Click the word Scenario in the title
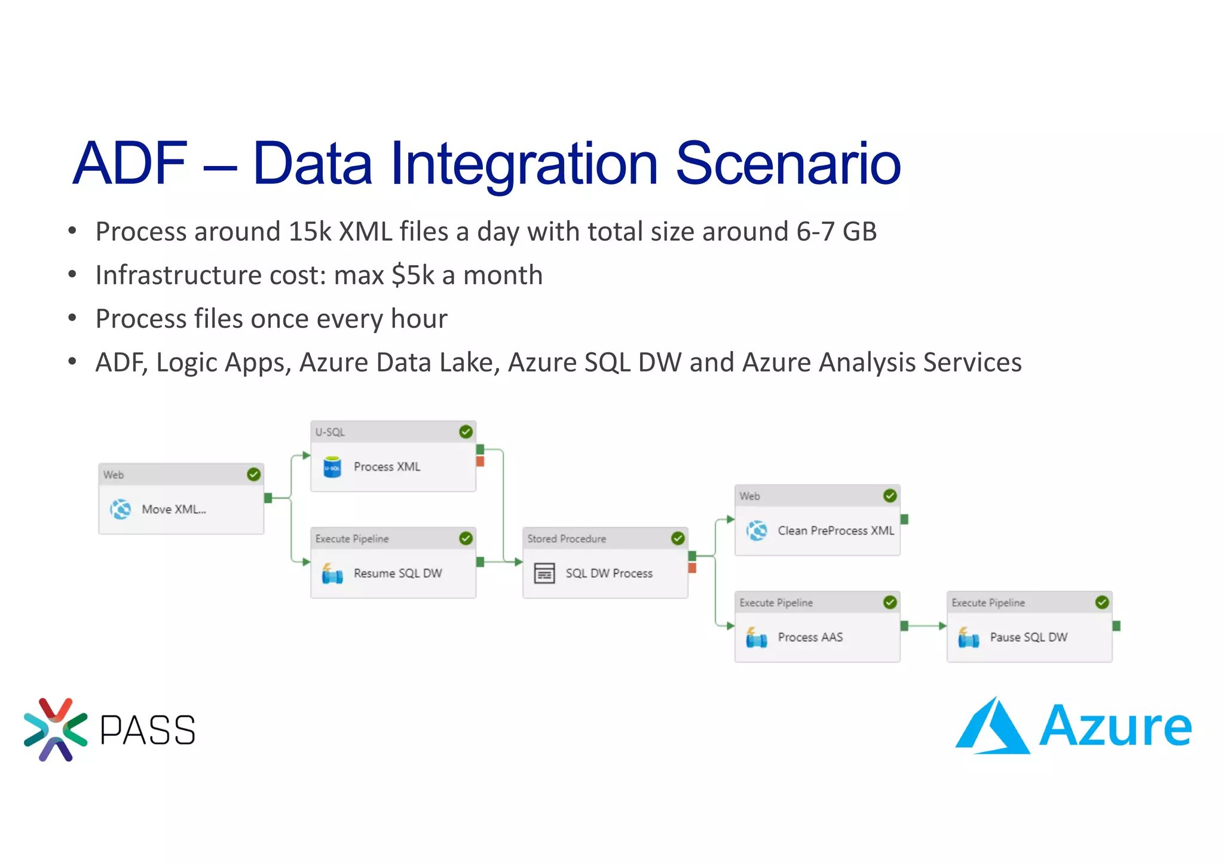pos(788,163)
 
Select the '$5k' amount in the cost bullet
pos(413,275)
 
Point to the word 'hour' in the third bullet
pos(419,319)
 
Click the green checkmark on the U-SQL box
pos(466,432)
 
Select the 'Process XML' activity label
pos(387,467)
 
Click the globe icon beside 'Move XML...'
pos(120,510)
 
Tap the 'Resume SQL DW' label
pos(397,573)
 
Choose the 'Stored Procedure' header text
pos(566,539)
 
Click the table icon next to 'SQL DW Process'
pos(544,573)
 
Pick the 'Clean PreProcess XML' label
pos(836,530)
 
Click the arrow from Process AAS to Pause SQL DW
pos(925,626)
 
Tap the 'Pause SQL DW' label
pos(1028,637)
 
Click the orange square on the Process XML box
pos(480,462)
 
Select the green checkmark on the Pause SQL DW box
pos(1102,602)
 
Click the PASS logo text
pos(147,730)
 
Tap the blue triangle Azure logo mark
pos(992,728)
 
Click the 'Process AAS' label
pos(810,637)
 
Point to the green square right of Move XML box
pos(268,498)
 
